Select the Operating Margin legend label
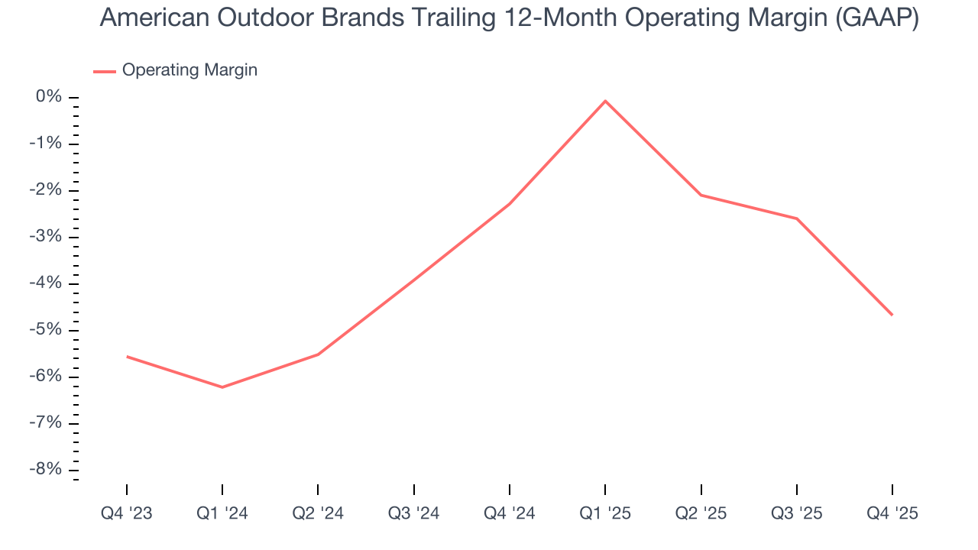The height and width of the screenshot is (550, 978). click(x=189, y=70)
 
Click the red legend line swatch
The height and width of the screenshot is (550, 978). click(x=104, y=71)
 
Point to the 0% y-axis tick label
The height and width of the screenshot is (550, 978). click(x=49, y=97)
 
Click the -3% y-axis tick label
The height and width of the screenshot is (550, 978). click(x=46, y=237)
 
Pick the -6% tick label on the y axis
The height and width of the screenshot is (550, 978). click(x=46, y=377)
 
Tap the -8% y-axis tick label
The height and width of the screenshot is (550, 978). click(x=46, y=470)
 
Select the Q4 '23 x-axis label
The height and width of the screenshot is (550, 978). click(x=127, y=513)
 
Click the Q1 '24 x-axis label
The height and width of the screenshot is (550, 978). click(x=222, y=513)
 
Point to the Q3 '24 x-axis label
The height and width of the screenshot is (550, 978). click(x=413, y=513)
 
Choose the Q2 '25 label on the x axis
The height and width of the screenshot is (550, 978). click(x=701, y=513)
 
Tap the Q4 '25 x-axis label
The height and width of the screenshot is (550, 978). click(x=892, y=513)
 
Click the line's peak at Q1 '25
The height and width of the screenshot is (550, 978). click(x=605, y=101)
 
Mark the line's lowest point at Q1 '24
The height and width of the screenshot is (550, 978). click(x=222, y=387)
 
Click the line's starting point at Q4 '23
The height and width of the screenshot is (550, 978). click(x=127, y=356)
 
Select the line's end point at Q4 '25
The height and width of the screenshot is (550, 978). click(x=892, y=315)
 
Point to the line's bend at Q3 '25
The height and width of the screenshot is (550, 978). click(x=797, y=218)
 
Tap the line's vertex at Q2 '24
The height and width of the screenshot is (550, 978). click(x=318, y=354)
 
